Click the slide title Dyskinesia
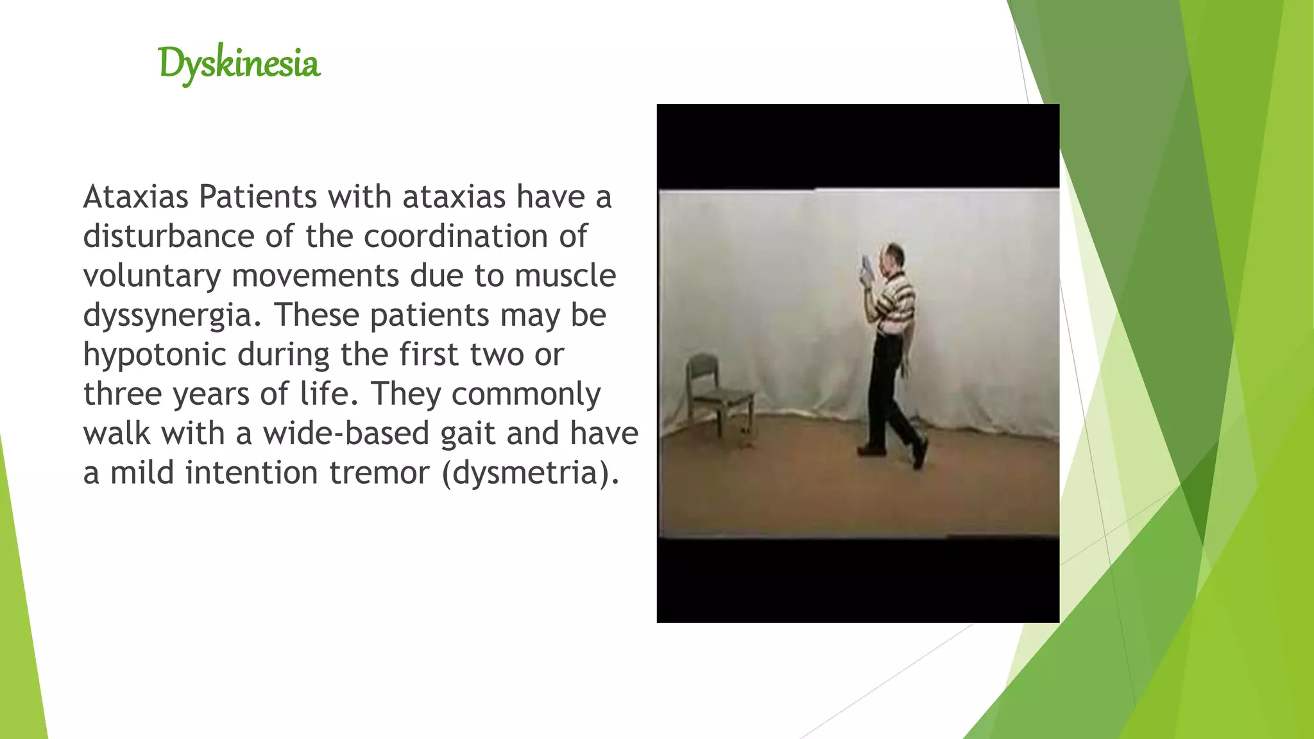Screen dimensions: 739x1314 pos(239,64)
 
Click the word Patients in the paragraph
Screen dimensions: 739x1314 pos(257,196)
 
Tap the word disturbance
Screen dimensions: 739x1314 pos(169,236)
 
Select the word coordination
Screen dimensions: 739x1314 pos(456,236)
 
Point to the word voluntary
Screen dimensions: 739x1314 pos(152,276)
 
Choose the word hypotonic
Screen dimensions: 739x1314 pos(155,355)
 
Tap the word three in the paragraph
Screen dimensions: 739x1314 pos(123,394)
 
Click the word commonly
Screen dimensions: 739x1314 pos(526,394)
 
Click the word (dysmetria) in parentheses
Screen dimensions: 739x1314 pos(531,473)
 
